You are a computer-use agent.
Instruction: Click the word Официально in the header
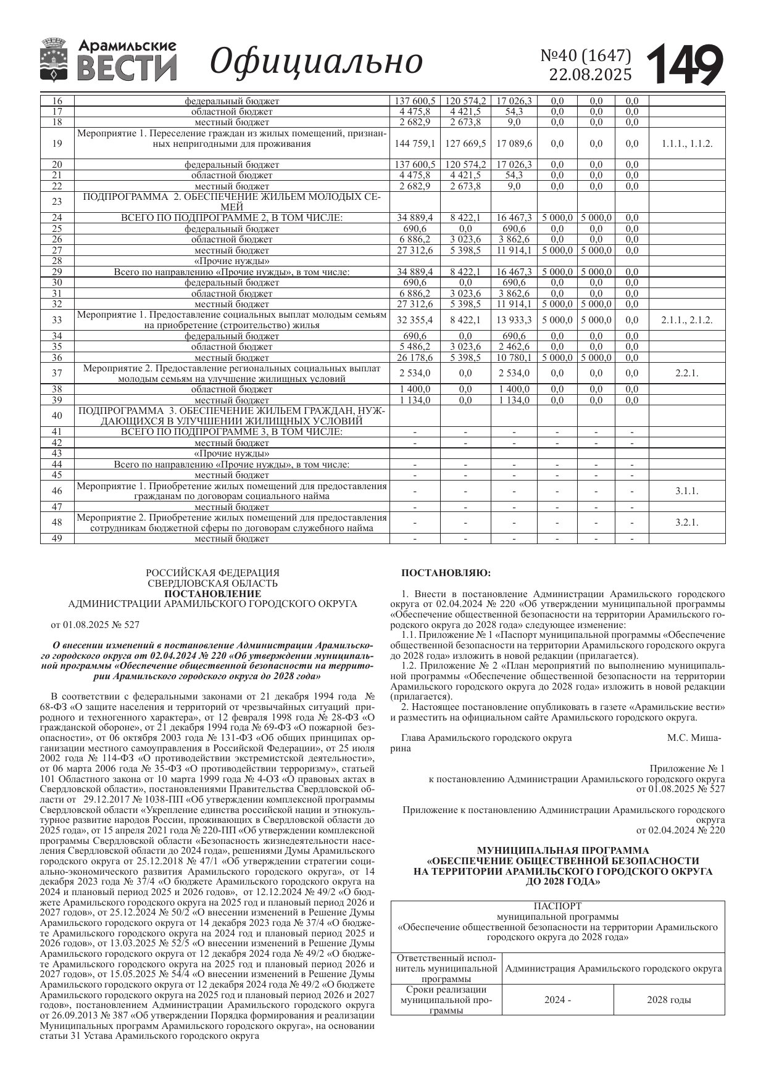point(316,62)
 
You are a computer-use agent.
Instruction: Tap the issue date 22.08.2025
point(591,75)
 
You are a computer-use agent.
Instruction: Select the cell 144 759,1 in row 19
point(414,144)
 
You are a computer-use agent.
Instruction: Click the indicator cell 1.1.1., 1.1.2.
point(687,144)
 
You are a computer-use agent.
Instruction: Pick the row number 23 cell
point(57,202)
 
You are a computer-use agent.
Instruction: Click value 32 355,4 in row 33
point(414,320)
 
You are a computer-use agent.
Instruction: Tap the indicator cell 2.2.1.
point(687,373)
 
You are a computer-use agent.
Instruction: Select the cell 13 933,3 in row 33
point(514,320)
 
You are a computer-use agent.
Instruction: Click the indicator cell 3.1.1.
point(687,491)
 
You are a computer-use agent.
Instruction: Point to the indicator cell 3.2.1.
point(687,522)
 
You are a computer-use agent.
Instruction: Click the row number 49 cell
point(57,539)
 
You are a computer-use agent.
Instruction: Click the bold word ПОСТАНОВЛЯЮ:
point(446,573)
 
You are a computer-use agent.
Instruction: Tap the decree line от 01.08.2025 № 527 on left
point(95,625)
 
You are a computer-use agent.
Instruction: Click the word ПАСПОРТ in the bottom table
point(557,906)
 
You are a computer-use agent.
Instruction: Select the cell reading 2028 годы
point(668,1000)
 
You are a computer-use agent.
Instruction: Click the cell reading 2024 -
point(557,1000)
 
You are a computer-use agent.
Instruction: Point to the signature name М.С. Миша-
point(694,738)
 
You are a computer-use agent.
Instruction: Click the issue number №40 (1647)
point(586,56)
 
